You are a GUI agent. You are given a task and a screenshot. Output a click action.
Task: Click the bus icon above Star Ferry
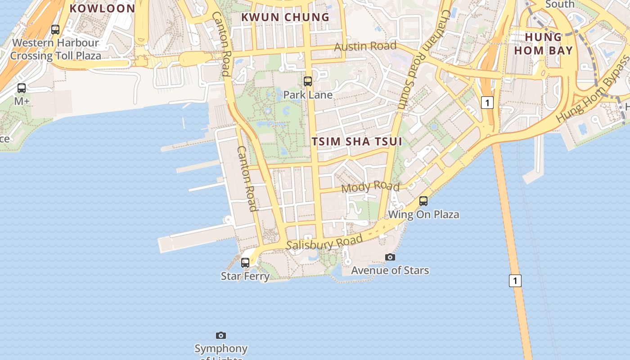point(245,262)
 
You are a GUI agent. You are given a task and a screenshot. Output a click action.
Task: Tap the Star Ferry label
point(245,276)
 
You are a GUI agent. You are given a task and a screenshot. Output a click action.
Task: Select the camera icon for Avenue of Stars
point(390,257)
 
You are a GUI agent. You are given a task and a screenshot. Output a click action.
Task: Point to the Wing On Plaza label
point(423,214)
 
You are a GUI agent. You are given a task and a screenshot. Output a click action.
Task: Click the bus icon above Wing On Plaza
point(423,201)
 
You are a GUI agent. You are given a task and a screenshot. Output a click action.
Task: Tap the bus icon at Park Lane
point(308,81)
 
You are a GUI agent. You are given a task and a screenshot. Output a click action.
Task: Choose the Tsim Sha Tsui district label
point(357,141)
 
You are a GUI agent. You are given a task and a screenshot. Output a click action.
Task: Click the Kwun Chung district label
point(285,17)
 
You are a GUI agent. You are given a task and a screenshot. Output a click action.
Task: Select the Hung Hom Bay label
point(544,44)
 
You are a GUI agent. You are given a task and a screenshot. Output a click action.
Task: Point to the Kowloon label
point(102,8)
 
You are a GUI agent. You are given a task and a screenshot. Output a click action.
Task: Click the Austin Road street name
point(365,46)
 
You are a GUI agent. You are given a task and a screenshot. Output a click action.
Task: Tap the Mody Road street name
point(370,186)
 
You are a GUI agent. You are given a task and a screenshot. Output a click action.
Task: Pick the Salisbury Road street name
point(324,243)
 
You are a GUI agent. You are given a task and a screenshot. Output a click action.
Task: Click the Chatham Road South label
point(423,59)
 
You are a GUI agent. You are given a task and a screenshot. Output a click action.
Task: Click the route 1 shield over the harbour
point(515,281)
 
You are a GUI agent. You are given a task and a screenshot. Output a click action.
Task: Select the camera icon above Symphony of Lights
point(221,335)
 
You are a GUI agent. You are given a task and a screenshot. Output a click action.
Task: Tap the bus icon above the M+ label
point(22,88)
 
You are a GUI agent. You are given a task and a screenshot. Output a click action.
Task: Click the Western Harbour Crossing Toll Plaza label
point(55,49)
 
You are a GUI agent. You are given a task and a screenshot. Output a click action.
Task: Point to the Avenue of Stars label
point(390,270)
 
